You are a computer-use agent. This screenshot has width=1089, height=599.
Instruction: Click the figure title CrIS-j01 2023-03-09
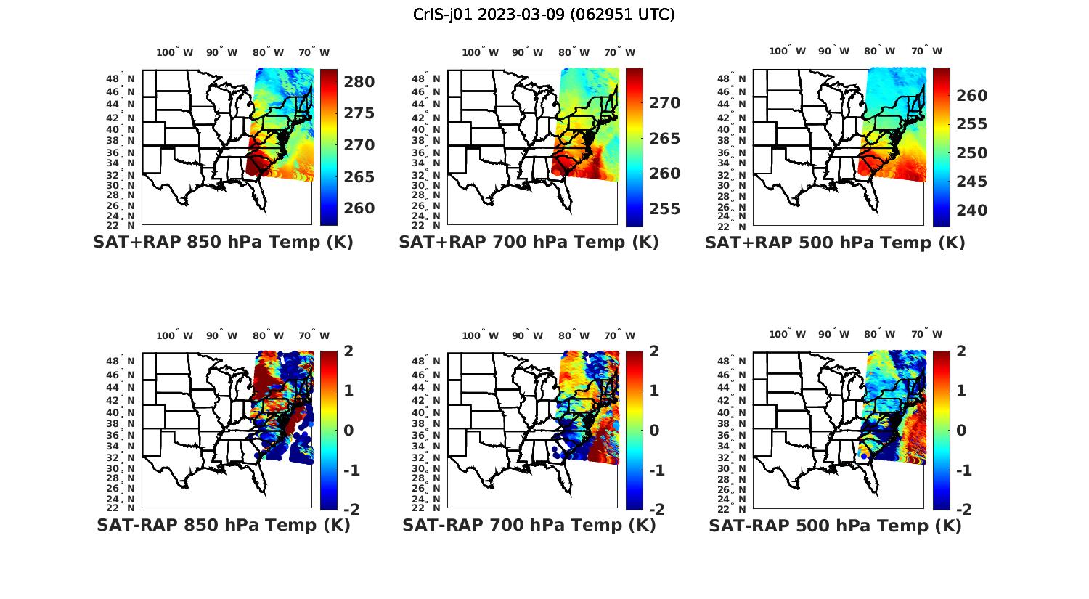coord(544,14)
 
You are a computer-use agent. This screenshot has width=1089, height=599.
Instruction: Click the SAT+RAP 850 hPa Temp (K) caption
coord(223,242)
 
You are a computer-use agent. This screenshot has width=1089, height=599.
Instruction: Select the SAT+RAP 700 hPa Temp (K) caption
coord(529,242)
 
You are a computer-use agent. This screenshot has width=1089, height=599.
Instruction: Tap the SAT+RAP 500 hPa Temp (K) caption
coord(835,243)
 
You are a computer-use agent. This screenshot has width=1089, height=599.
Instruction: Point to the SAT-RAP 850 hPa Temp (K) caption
coord(223,525)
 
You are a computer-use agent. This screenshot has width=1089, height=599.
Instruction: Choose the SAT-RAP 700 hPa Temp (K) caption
coord(529,525)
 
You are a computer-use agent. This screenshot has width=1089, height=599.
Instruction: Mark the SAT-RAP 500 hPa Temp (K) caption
coord(835,526)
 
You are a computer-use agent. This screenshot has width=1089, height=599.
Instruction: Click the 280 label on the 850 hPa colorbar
coord(359,82)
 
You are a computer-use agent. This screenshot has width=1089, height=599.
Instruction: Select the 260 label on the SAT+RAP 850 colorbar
coord(359,208)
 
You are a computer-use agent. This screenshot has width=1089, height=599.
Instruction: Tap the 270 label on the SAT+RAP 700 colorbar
coord(665,103)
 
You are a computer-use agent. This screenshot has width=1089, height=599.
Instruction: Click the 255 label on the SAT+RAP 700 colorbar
coord(665,209)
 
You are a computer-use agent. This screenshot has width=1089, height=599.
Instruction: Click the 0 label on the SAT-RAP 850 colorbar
coord(348,430)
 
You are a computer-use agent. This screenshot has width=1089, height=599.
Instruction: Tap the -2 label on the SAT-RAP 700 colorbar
coord(655,509)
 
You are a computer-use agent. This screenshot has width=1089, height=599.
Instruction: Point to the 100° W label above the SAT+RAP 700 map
coord(480,52)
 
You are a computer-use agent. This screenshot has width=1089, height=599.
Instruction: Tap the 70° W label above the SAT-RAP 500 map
coord(926,335)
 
